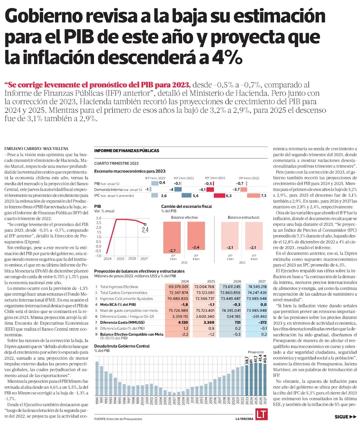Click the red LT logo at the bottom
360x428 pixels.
click(261, 414)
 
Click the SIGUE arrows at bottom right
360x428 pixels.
click(345, 417)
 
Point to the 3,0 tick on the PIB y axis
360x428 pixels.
click(99, 218)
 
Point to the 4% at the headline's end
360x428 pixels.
click(224, 57)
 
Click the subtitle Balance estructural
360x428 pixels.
click(241, 217)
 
